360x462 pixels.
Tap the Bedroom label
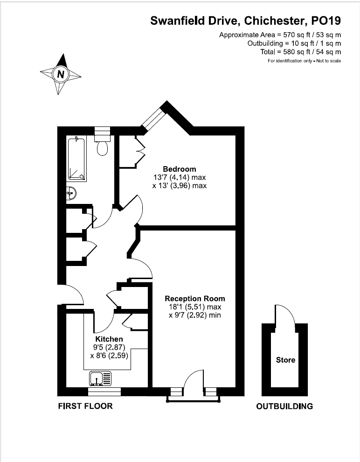click(x=180, y=169)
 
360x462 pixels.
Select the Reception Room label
click(x=195, y=299)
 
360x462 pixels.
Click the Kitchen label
click(x=109, y=339)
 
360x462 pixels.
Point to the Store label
click(x=285, y=360)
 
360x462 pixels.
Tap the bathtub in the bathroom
click(x=76, y=159)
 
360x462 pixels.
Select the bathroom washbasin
click(x=71, y=194)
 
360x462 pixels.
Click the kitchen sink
click(x=100, y=378)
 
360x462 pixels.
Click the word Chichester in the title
click(x=274, y=21)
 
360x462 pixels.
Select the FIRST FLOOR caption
click(x=85, y=406)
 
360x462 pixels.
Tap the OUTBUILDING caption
click(x=284, y=406)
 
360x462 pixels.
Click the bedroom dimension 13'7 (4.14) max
click(x=180, y=177)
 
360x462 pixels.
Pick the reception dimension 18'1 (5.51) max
click(x=195, y=307)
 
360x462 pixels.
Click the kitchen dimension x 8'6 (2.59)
click(x=109, y=355)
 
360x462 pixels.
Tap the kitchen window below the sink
click(x=104, y=392)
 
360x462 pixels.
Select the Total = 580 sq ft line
click(x=300, y=52)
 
